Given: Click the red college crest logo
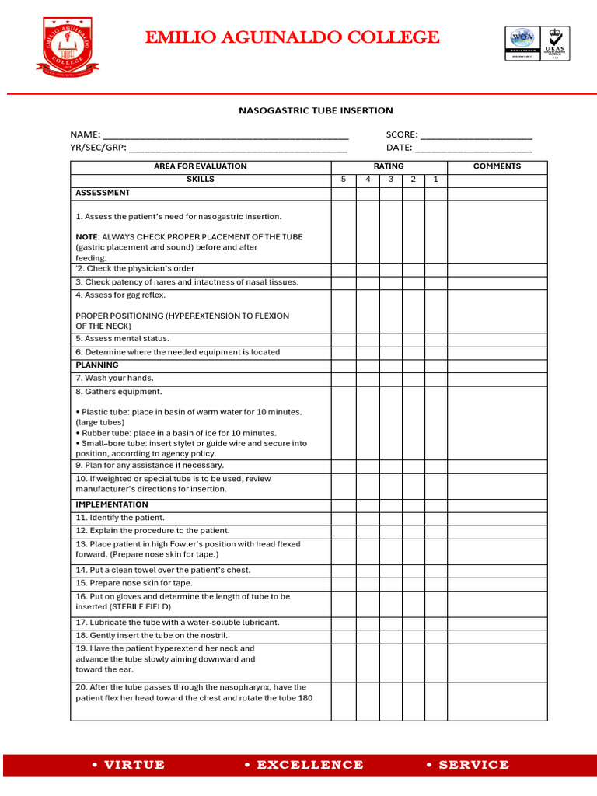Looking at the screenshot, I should pos(68,47).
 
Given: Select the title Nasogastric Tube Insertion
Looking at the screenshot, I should pos(315,110).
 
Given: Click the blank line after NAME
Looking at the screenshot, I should pos(225,135).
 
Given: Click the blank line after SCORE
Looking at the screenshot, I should pos(476,135).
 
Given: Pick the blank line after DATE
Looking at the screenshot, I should pos(473,148).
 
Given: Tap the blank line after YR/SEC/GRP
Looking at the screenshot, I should pos(238,148).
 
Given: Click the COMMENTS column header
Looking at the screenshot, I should pos(497,166).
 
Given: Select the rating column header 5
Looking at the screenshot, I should pos(344,180).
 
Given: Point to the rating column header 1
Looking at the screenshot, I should pos(435,180).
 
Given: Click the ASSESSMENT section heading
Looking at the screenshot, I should pos(103,193).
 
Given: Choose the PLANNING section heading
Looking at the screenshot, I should pos(97,365).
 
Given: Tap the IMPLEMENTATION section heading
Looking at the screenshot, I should pos(112,504).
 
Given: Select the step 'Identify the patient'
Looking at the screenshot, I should pos(120,518).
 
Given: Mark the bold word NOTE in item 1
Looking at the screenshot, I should pos(86,237).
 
